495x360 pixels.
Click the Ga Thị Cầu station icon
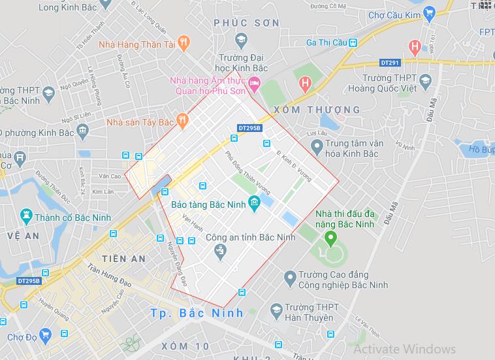coord(353,42)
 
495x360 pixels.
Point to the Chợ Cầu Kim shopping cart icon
coord(429,12)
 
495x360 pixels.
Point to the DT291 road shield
coord(390,63)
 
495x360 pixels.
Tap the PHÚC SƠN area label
coord(247,23)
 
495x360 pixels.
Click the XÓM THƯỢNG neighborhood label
coord(317,109)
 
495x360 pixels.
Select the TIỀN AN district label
coord(124,259)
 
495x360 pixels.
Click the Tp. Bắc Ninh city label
coord(197,312)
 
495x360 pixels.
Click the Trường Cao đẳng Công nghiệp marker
coord(290,279)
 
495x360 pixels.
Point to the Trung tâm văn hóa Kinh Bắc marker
coord(317,149)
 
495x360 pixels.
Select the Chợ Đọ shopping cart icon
coord(44,336)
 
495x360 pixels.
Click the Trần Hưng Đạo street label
coord(110,275)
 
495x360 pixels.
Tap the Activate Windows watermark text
coord(404,348)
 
